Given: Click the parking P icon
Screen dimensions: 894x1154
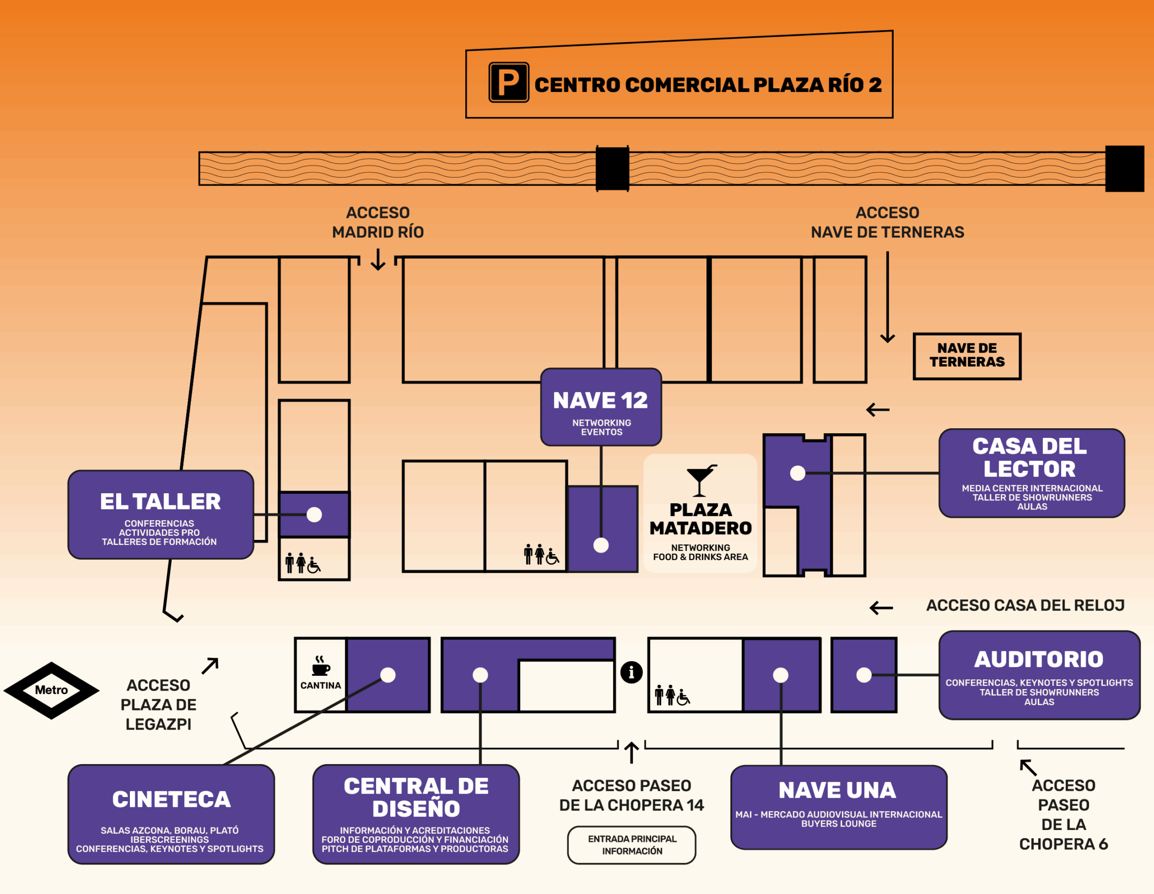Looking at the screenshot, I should pyautogui.click(x=508, y=82).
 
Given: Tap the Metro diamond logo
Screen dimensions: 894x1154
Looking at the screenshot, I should pyautogui.click(x=51, y=690).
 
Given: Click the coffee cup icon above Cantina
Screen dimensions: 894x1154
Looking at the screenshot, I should pyautogui.click(x=320, y=666).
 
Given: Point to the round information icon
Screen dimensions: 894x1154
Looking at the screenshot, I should pyautogui.click(x=631, y=673).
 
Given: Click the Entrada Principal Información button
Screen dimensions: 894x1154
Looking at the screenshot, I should pyautogui.click(x=631, y=845).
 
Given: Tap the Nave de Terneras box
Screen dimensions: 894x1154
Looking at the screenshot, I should pyautogui.click(x=967, y=356).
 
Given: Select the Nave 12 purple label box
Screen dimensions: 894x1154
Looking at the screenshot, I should pyautogui.click(x=601, y=407).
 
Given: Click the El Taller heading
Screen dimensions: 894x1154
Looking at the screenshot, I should pyautogui.click(x=160, y=501).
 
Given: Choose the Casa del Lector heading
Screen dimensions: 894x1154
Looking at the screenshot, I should pyautogui.click(x=1030, y=458).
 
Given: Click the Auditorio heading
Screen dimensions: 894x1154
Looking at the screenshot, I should pyautogui.click(x=1039, y=660).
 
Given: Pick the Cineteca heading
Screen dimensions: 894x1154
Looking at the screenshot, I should pyautogui.click(x=171, y=800).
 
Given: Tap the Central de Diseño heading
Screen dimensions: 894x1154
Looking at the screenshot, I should pyautogui.click(x=416, y=797).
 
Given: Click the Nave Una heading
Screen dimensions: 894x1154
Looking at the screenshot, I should pyautogui.click(x=837, y=790).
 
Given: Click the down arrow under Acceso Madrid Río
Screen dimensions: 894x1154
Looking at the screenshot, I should pyautogui.click(x=378, y=260).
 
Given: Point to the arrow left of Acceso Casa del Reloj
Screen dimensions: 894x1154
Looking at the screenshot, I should pyautogui.click(x=881, y=608).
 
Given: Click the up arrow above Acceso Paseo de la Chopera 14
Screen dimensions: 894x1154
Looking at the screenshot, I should pyautogui.click(x=631, y=752).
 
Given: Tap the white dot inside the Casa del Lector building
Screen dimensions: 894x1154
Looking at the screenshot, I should pyautogui.click(x=797, y=473).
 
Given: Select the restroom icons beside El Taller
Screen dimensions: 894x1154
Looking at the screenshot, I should pyautogui.click(x=303, y=563).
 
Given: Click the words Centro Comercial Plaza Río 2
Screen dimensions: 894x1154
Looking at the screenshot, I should pyautogui.click(x=708, y=85).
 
